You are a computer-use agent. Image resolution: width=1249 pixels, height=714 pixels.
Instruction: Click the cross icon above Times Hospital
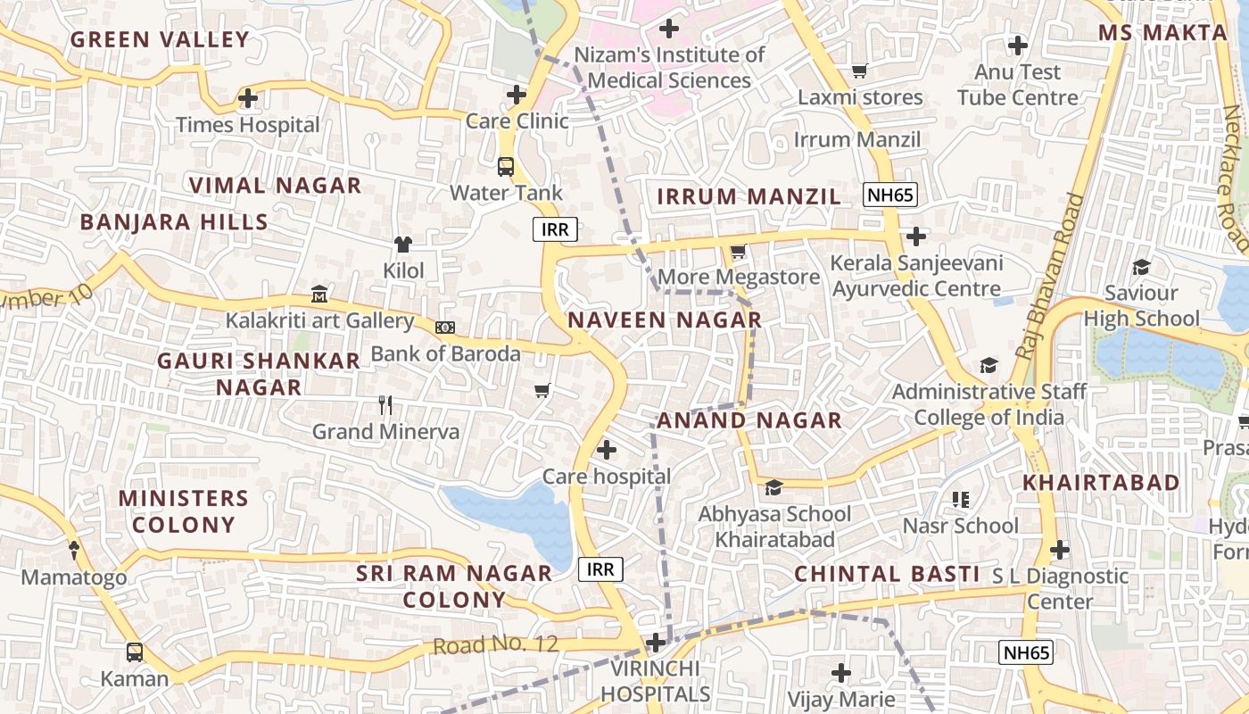coord(248,98)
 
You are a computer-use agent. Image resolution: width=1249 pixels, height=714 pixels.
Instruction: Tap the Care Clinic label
coord(517,120)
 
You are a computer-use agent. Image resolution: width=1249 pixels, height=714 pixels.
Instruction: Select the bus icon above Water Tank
coord(506,166)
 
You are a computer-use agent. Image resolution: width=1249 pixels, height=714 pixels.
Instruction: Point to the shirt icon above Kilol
coord(403,244)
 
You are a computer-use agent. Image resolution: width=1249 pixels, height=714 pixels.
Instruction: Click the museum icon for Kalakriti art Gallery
coord(319,294)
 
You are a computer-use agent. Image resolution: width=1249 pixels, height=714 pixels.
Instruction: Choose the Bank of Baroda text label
coord(445,353)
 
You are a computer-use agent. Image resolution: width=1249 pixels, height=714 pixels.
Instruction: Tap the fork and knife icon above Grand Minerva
coord(385,405)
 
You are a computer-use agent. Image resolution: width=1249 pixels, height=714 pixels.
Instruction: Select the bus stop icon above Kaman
coord(134,652)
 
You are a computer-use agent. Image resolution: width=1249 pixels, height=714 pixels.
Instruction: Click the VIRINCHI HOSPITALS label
coord(656,681)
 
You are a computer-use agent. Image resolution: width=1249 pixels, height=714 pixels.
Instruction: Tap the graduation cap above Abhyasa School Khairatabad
coord(773,487)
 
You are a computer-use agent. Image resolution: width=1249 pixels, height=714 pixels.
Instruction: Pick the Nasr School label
coord(960,526)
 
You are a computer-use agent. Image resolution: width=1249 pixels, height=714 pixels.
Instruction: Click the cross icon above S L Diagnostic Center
coord(1059,550)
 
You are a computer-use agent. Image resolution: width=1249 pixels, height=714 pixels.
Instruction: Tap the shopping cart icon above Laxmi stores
coord(859,71)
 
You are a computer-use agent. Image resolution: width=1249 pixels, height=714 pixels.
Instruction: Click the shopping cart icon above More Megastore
coord(738,252)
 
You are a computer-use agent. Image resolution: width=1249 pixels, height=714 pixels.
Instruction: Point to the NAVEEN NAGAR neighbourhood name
coord(665,320)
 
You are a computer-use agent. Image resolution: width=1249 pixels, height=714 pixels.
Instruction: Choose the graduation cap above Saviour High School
coord(1140,267)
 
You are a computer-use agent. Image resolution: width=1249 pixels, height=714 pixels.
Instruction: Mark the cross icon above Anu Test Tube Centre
coord(1017,45)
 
